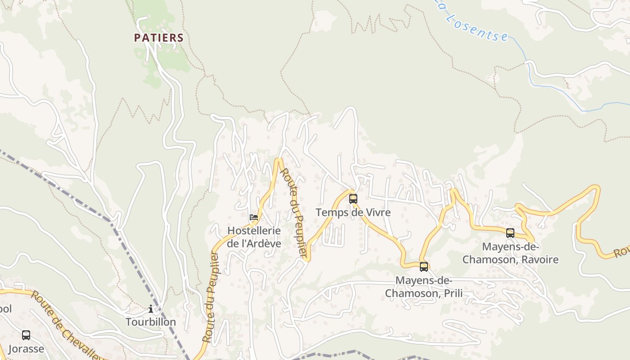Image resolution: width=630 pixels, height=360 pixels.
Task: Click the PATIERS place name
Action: pyautogui.click(x=159, y=38)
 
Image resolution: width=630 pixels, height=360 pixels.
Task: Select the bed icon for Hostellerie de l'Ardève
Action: pyautogui.click(x=254, y=217)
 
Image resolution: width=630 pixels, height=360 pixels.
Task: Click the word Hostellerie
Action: pyautogui.click(x=254, y=231)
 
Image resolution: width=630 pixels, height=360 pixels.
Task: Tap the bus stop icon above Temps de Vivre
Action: pyautogui.click(x=353, y=198)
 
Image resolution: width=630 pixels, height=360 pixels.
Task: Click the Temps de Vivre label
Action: pyautogui.click(x=353, y=212)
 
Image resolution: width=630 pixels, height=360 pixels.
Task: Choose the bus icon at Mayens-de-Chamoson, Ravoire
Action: pyautogui.click(x=510, y=233)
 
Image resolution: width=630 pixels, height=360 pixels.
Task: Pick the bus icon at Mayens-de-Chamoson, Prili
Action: pyautogui.click(x=423, y=266)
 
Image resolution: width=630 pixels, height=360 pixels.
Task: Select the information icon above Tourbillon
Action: pyautogui.click(x=150, y=309)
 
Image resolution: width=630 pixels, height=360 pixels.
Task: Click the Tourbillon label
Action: pyautogui.click(x=150, y=322)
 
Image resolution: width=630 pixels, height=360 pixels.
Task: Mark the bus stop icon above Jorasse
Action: pyautogui.click(x=26, y=335)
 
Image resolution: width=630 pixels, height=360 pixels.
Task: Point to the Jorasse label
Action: pyautogui.click(x=26, y=349)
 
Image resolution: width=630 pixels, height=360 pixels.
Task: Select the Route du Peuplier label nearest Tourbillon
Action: pyautogui.click(x=211, y=297)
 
